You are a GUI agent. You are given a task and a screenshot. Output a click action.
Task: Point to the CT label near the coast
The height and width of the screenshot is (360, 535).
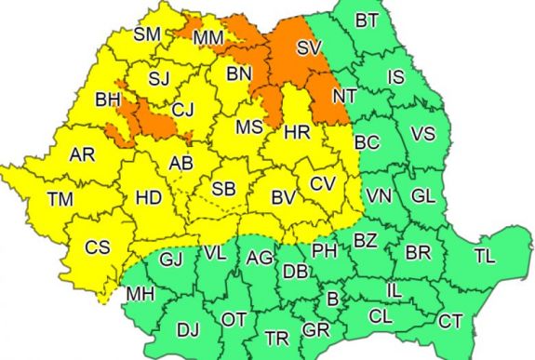(x=450, y=321)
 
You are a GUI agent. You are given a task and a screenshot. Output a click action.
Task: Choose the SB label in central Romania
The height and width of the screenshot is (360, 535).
(x=223, y=189)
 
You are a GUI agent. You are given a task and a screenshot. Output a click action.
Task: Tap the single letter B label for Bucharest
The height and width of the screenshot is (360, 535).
(x=330, y=299)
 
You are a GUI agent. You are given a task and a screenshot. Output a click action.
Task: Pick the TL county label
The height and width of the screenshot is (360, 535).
(x=485, y=255)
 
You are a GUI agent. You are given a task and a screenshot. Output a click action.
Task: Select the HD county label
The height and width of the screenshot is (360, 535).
(x=148, y=197)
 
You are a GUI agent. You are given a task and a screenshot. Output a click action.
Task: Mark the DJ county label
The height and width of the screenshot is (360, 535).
(x=188, y=327)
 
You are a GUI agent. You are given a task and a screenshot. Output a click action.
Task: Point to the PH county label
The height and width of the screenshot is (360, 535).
(x=323, y=250)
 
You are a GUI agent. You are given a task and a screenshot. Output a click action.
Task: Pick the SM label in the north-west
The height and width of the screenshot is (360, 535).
(x=147, y=34)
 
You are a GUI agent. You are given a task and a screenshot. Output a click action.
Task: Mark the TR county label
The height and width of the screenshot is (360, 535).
(x=276, y=337)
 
